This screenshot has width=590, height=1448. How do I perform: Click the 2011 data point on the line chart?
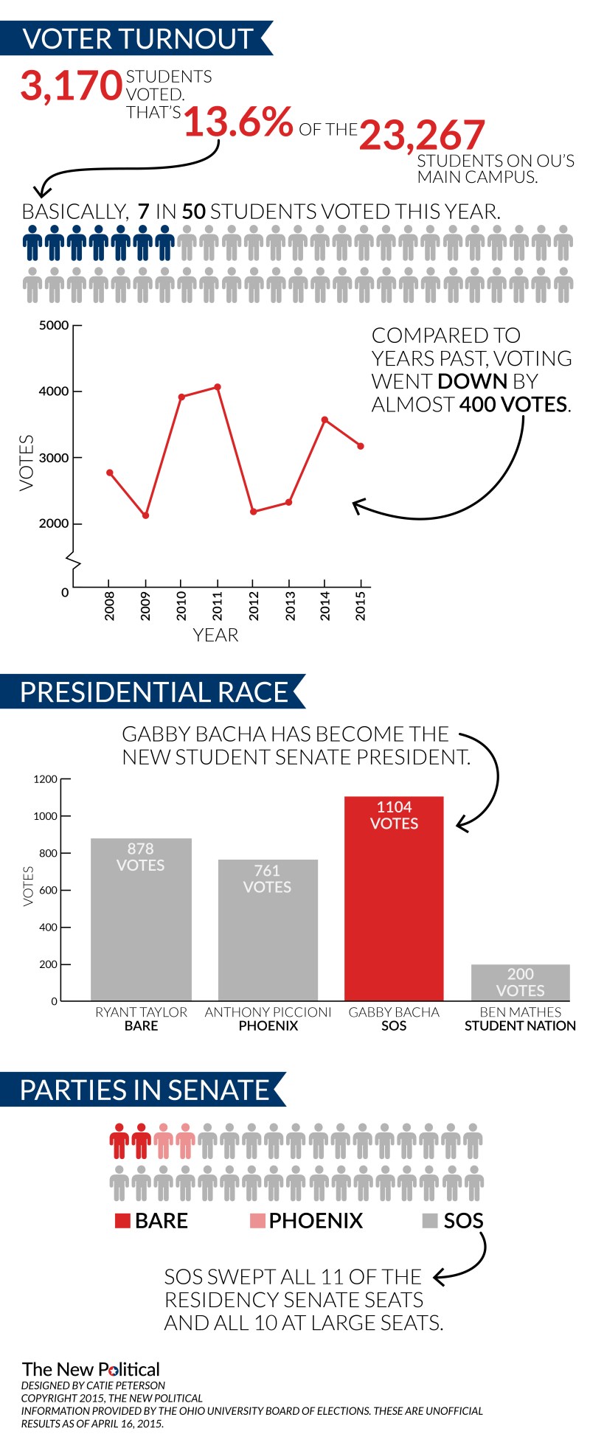point(218,386)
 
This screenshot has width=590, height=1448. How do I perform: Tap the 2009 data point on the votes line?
point(145,515)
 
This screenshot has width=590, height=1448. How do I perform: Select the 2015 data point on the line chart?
point(361,446)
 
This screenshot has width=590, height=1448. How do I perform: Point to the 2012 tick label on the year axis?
point(254,605)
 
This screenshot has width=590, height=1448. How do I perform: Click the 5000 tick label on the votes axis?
point(54,325)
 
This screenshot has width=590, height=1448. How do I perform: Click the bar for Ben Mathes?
point(520,982)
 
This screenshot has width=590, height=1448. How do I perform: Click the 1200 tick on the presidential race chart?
point(45,779)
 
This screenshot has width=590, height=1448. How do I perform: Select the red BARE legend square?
point(122,1221)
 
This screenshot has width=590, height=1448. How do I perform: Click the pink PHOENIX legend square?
point(257,1221)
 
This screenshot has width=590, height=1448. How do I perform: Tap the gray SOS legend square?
point(430,1221)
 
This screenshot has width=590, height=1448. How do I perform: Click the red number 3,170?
point(71,86)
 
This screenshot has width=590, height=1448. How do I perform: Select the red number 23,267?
point(422,136)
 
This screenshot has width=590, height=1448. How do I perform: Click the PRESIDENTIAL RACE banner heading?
point(153,692)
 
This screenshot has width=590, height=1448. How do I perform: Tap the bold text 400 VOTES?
point(514,404)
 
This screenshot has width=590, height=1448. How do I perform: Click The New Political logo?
point(91,1369)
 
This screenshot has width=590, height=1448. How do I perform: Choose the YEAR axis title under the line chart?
point(215,635)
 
